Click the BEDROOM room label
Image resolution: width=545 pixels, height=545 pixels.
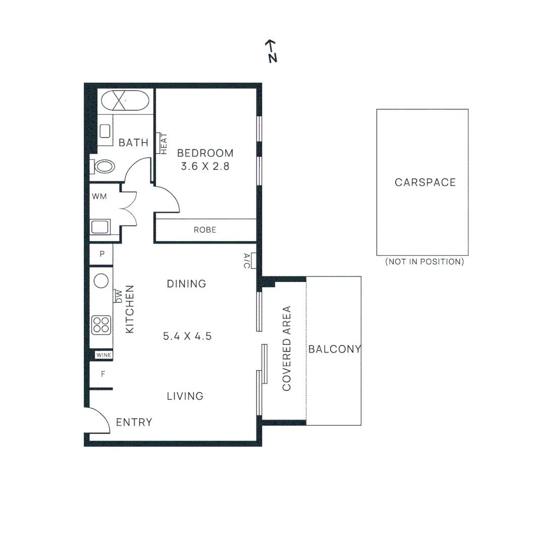pyautogui.click(x=205, y=153)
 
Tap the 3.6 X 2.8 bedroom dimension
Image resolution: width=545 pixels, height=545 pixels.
pyautogui.click(x=205, y=166)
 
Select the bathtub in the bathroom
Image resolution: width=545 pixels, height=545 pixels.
pyautogui.click(x=125, y=101)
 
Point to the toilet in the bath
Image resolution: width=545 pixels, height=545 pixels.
pyautogui.click(x=104, y=166)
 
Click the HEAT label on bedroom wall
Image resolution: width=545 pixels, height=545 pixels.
pyautogui.click(x=163, y=143)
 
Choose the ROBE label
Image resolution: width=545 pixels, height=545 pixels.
pyautogui.click(x=205, y=230)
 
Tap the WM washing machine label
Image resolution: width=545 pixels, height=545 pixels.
pyautogui.click(x=99, y=197)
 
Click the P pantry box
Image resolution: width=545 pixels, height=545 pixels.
pyautogui.click(x=101, y=254)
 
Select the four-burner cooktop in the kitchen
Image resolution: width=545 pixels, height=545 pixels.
pyautogui.click(x=101, y=325)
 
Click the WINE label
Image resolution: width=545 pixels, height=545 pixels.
pyautogui.click(x=103, y=355)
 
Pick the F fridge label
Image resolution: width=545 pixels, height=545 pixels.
pyautogui.click(x=102, y=374)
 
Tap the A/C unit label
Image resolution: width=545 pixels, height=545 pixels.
pyautogui.click(x=247, y=260)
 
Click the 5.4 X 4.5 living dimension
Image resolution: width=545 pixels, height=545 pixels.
pyautogui.click(x=187, y=336)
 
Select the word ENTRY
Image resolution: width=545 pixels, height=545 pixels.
pyautogui.click(x=134, y=422)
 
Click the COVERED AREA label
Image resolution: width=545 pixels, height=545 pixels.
pyautogui.click(x=287, y=348)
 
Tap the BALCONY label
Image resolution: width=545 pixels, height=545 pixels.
pyautogui.click(x=335, y=349)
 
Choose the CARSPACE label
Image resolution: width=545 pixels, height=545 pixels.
pyautogui.click(x=425, y=183)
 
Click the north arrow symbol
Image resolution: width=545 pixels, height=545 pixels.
pyautogui.click(x=271, y=51)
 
